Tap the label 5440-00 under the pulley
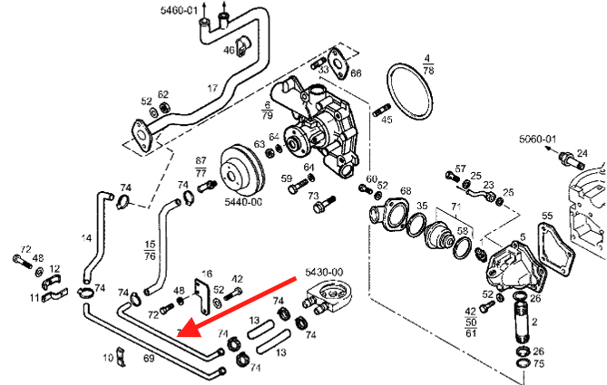[x=243, y=202]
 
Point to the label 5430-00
[x=323, y=271]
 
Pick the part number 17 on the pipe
[x=212, y=88]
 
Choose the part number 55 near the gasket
[x=546, y=217]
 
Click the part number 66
[x=355, y=72]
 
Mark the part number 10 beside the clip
[x=108, y=358]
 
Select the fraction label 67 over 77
[x=201, y=166]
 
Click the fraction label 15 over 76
[x=150, y=250]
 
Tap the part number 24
[x=582, y=153]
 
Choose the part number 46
[x=229, y=51]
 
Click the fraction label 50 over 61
[x=470, y=327]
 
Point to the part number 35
[x=422, y=207]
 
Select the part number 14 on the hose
[x=86, y=239]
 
